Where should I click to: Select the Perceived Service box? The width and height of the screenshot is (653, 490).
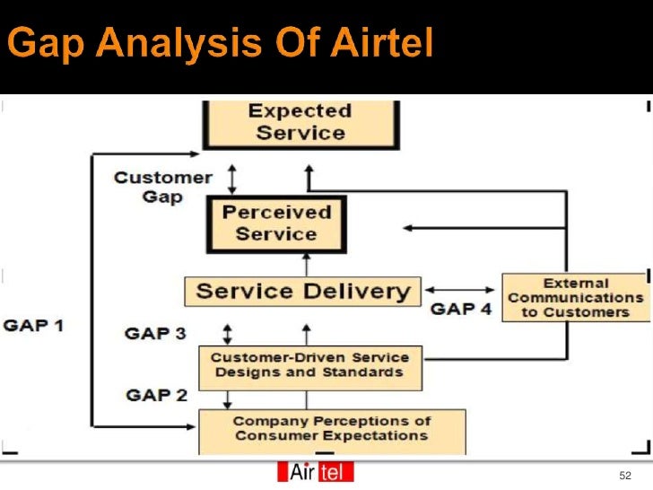point(276,223)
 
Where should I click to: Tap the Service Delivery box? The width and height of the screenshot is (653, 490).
point(302,292)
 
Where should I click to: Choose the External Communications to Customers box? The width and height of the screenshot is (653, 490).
point(575,297)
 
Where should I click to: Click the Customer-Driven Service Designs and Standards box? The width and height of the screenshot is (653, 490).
point(309,365)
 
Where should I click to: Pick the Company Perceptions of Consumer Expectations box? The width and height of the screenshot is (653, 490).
point(331,429)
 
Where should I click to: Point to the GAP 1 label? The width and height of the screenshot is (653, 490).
point(34,324)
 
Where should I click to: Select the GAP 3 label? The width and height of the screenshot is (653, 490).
point(156,334)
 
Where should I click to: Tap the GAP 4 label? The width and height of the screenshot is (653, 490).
point(461,309)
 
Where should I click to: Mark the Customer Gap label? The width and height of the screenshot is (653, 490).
point(162,187)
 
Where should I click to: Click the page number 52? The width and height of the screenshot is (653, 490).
point(625,474)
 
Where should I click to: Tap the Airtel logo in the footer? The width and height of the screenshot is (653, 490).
point(316,472)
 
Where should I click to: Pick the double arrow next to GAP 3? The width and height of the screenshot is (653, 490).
point(227,334)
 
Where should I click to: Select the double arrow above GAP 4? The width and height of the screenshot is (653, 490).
point(459,290)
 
